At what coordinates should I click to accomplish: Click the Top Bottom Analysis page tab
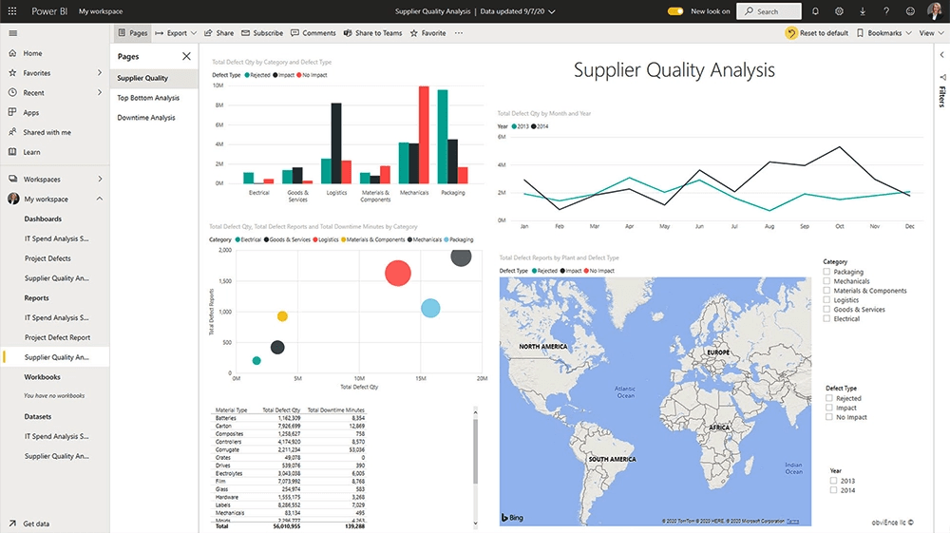point(148,98)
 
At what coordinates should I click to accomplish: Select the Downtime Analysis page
point(146,118)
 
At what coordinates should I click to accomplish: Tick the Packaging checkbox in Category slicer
point(827,272)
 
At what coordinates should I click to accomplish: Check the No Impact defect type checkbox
point(829,417)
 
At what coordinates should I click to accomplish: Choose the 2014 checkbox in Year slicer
point(834,490)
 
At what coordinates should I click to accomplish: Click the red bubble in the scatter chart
point(397,274)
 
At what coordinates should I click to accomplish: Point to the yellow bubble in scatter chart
point(282,316)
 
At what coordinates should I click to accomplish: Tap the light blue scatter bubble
point(430,308)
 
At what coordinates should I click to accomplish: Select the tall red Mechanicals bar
point(424,134)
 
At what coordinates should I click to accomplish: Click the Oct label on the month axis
point(840,227)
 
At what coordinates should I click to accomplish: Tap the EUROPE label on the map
point(718,352)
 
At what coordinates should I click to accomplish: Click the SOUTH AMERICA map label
point(611,460)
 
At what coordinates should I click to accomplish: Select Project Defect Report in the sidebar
point(57,337)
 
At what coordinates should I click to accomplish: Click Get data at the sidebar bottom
point(36,523)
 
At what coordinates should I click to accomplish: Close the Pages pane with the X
point(186,57)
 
